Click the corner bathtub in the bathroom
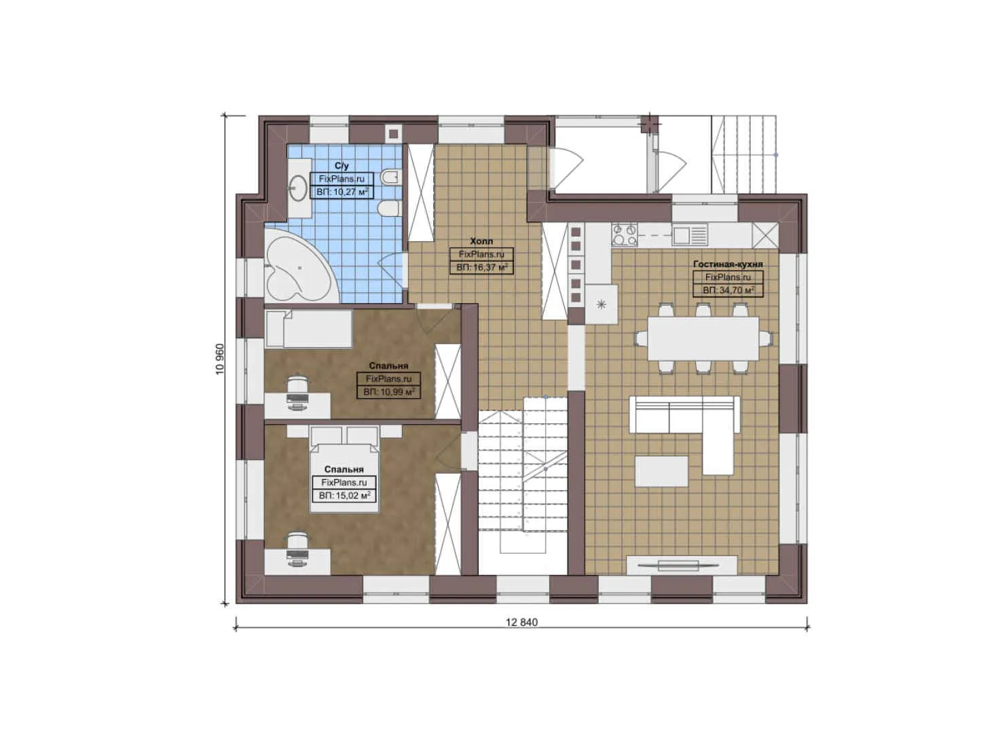coord(295,268)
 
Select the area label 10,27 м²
coord(343,192)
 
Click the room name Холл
coord(481,241)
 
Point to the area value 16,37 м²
coord(482,268)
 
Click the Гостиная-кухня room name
coord(728,264)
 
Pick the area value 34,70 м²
coord(728,290)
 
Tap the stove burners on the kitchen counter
coord(625,235)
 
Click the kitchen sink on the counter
coord(690,235)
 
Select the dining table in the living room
coord(703,338)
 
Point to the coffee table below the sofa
coord(661,471)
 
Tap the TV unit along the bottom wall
coord(681,565)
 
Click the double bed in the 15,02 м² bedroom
coord(344,469)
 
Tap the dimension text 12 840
coord(521,623)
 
